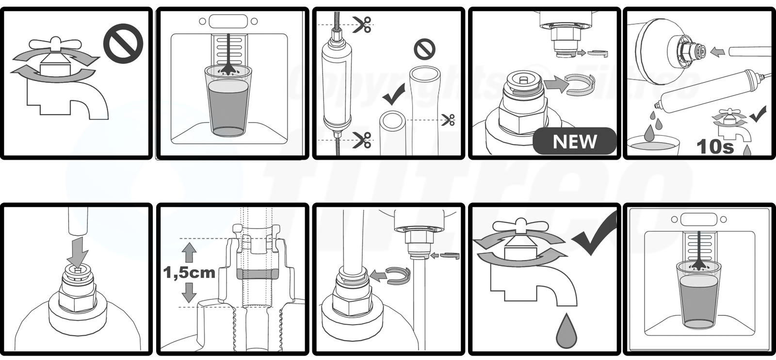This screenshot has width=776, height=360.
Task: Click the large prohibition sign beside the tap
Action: (x=123, y=44)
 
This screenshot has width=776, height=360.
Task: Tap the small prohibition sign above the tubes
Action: (x=424, y=49)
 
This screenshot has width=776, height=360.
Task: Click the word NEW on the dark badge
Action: (x=575, y=142)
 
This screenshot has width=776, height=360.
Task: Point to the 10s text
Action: (x=715, y=147)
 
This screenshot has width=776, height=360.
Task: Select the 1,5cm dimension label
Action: (x=189, y=273)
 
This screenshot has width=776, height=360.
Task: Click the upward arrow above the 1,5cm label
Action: (x=189, y=252)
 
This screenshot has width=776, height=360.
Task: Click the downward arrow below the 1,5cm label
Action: (x=189, y=293)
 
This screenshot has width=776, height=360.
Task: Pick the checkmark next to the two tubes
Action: (x=394, y=95)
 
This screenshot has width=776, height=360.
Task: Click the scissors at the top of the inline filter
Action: (x=361, y=24)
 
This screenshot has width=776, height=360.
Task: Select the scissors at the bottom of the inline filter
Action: (x=361, y=140)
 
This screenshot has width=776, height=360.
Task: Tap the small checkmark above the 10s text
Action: (x=758, y=115)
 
